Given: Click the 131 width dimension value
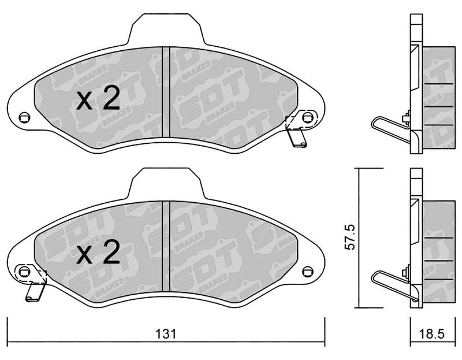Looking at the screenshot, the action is [x=166, y=334].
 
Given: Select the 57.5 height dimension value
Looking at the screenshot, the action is [x=350, y=237].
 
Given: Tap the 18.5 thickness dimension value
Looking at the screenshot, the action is [x=431, y=334].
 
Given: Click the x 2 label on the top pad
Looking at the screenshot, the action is [x=98, y=98].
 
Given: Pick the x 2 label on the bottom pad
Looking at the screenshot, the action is [x=98, y=252].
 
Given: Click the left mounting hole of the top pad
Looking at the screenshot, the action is [x=24, y=118].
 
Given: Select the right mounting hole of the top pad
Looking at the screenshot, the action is [x=308, y=117].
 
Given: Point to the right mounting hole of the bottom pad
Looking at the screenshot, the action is [x=308, y=271].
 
